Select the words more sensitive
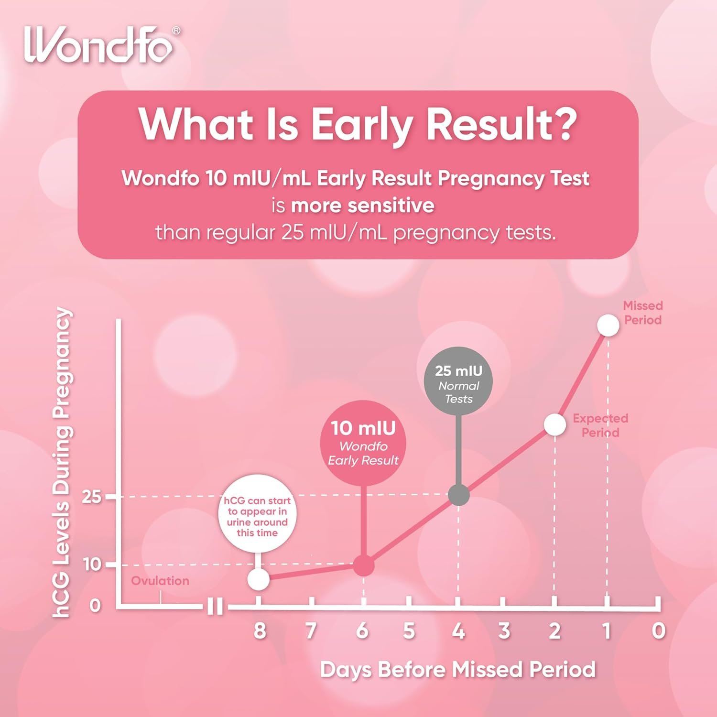pos(363,206)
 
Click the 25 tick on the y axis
pos(92,497)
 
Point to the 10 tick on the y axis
pos(92,565)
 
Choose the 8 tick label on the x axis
pos(260,631)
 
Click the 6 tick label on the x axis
pos(362,631)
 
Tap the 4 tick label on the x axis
pos(458,631)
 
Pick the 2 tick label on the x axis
pos(554,631)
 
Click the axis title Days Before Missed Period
pos(457,670)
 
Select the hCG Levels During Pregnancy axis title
pos(63,462)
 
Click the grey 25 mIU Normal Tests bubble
pos(458,380)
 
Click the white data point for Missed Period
pos(608,326)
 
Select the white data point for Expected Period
pos(554,425)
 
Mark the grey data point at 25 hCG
pos(459,495)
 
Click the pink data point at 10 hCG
pos(363,566)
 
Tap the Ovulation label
pos(160,581)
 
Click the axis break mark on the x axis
pos(215,607)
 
